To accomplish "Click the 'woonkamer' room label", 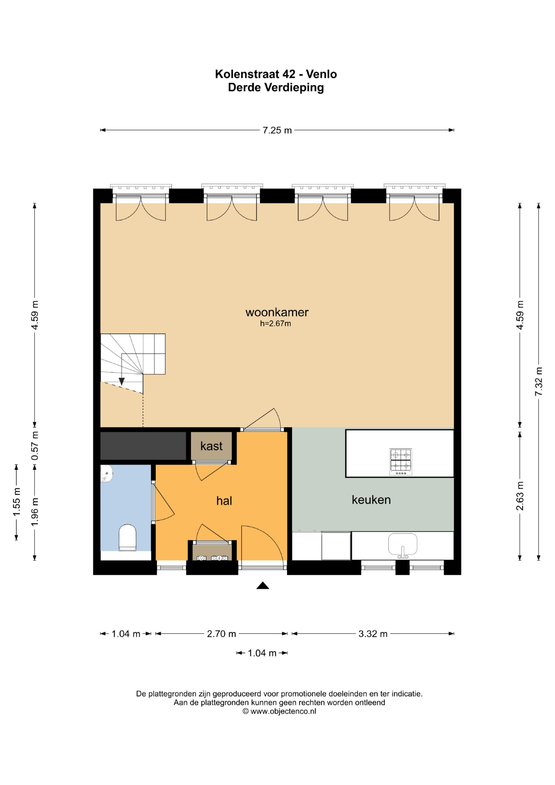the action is point(277,312).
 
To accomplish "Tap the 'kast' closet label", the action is point(211,446).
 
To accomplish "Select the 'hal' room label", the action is point(224,501).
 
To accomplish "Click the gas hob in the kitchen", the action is point(400,462).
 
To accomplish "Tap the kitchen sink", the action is point(403,546).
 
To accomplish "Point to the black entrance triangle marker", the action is point(263,585).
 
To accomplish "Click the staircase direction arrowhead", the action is point(121,382).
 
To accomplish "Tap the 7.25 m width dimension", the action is point(277,130).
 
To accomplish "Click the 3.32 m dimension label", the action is point(373,634).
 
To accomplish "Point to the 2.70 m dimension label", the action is point(221,634).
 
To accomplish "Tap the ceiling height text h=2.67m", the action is point(276,323).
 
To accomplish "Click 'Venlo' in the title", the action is point(321,74).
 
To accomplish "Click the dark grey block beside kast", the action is point(143,446).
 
